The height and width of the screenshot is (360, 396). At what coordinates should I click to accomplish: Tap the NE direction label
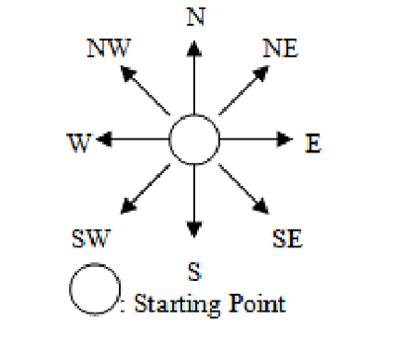tap(284, 47)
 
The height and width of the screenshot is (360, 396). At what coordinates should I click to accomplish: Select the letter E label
tap(313, 143)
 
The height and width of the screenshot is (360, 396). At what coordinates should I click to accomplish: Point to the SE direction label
tap(286, 239)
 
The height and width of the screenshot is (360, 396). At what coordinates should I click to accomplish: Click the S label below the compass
tap(195, 269)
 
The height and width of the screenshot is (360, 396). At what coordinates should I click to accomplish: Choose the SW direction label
tap(91, 239)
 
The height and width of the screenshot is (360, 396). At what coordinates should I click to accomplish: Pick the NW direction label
tap(108, 48)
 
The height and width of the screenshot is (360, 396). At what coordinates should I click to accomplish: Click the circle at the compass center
tap(194, 140)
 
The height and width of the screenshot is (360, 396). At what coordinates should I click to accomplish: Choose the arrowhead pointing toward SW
tap(126, 210)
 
